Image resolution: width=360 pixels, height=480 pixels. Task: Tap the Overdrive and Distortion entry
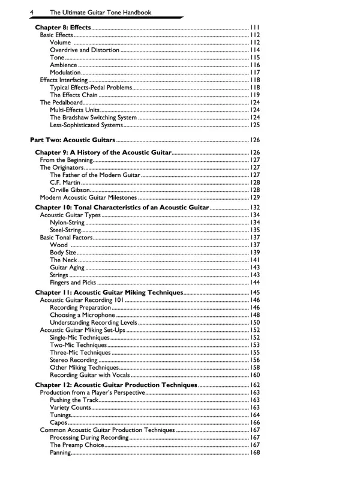click(85, 50)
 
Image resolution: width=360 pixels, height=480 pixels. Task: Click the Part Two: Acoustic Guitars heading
click(73, 139)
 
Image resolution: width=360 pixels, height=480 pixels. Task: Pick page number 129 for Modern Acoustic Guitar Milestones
click(254, 197)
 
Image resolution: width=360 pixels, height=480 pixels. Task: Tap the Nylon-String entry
click(67, 223)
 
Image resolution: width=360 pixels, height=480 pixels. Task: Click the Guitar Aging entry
click(67, 268)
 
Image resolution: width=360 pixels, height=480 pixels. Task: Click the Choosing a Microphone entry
click(82, 315)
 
